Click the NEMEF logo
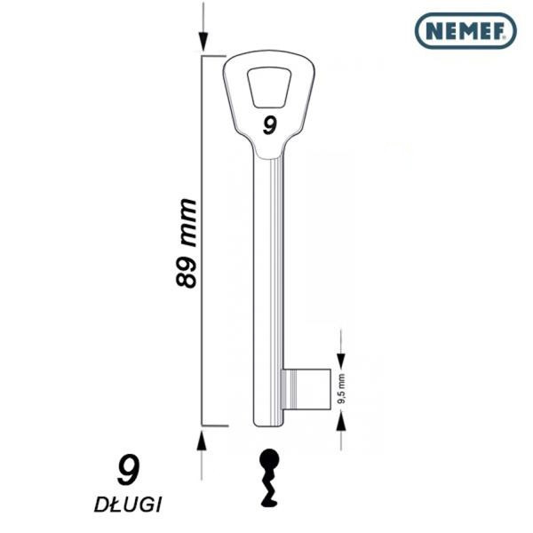465,31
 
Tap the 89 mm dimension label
186,243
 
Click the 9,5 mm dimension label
341,388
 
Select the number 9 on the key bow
270,125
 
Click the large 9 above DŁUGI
128,470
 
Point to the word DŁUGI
128,505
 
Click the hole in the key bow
269,88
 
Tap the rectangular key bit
306,389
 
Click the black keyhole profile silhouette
269,481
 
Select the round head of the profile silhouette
269,459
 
